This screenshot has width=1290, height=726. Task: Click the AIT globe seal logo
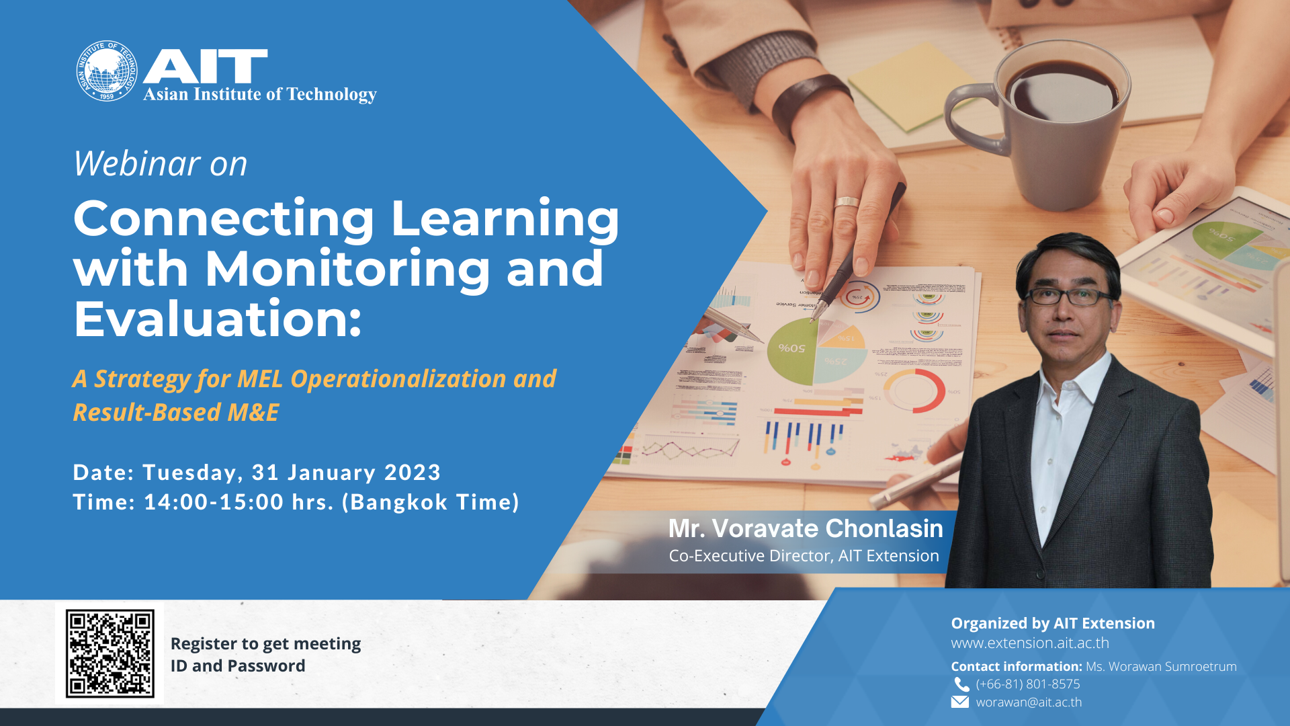coord(107,71)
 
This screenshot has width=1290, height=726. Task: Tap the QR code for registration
coord(110,653)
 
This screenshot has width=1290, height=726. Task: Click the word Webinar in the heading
coord(137,163)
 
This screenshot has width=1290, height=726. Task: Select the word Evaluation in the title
coord(217,319)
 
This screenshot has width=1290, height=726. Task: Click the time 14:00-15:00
coord(214,502)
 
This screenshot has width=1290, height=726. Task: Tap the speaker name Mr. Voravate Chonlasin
coord(806,528)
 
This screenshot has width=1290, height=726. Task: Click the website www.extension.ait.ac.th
coord(1030,643)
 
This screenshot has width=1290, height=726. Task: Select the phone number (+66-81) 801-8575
coord(1028,684)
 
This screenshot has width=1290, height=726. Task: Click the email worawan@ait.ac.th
coord(1029,702)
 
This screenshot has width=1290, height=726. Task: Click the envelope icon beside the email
coord(960,702)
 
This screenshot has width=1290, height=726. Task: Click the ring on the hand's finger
coord(847,202)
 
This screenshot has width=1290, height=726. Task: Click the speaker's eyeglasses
coord(1068,296)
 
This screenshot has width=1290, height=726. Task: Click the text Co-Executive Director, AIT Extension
coord(804,556)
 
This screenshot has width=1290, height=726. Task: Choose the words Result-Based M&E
coord(175,412)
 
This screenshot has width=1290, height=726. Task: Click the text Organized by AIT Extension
coord(1053,623)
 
